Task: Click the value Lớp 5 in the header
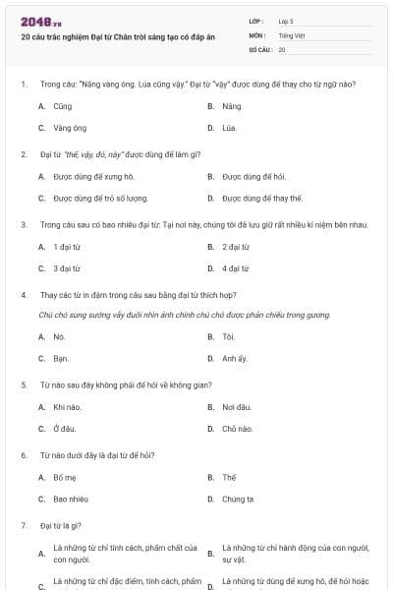[285, 20]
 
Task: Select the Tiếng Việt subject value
[291, 34]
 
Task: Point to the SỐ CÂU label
[259, 49]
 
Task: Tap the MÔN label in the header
[256, 34]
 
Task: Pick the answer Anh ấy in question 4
[234, 359]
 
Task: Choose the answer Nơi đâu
[238, 407]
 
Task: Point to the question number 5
[24, 384]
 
